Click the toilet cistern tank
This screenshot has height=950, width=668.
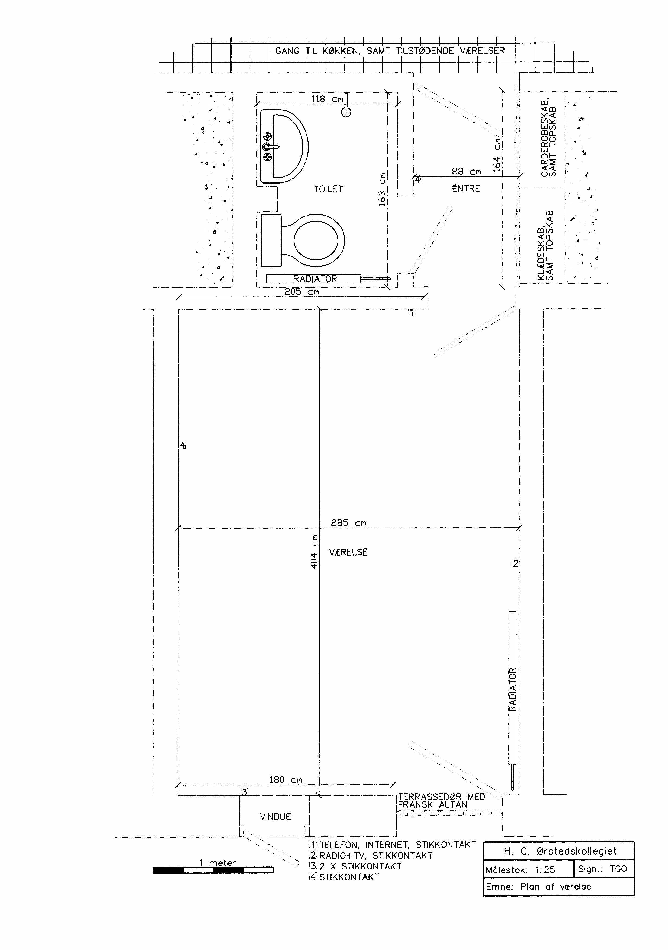(x=271, y=240)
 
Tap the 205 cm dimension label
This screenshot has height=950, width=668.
(x=301, y=292)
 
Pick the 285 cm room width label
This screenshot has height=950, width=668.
(x=349, y=523)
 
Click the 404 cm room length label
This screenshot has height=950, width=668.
(x=314, y=551)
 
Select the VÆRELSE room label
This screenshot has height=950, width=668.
(x=348, y=552)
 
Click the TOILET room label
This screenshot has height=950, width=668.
(x=328, y=189)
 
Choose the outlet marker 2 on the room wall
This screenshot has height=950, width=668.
(x=515, y=563)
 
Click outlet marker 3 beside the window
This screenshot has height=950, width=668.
(x=245, y=792)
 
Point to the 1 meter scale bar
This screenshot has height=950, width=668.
(x=213, y=870)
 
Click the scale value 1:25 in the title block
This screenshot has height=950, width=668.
(x=545, y=870)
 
